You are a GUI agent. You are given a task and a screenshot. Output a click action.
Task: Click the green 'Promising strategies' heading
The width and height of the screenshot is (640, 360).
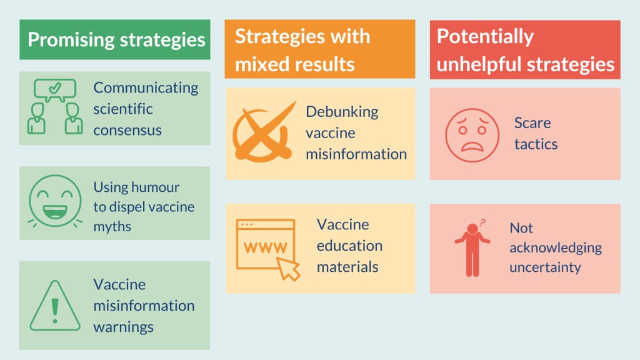coord(116,40)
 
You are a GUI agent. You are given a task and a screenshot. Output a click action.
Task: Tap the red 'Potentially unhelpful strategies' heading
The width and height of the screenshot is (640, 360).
coord(525,50)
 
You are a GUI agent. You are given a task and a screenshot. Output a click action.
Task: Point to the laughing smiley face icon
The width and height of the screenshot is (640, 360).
coord(55,201)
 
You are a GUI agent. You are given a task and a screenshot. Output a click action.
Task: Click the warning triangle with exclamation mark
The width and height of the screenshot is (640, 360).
coord(55,306)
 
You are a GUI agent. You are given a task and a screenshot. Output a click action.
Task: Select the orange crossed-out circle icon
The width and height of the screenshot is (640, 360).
coord(262,132)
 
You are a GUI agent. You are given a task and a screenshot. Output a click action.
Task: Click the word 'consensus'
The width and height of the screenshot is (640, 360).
coord(127,130)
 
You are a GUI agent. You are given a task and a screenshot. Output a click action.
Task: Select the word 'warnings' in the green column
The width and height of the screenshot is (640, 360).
coord(123,327)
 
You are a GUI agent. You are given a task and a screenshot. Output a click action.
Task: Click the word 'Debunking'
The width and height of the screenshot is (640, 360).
coord(342,112)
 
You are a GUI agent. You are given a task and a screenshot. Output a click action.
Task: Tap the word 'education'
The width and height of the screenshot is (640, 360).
coord(349,246)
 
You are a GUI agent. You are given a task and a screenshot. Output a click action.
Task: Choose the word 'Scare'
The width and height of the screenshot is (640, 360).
coord(532,122)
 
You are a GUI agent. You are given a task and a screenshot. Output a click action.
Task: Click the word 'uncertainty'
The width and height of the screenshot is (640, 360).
coord(545,267)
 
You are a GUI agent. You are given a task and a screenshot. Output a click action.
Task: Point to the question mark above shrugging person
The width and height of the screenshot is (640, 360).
coord(482,222)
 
